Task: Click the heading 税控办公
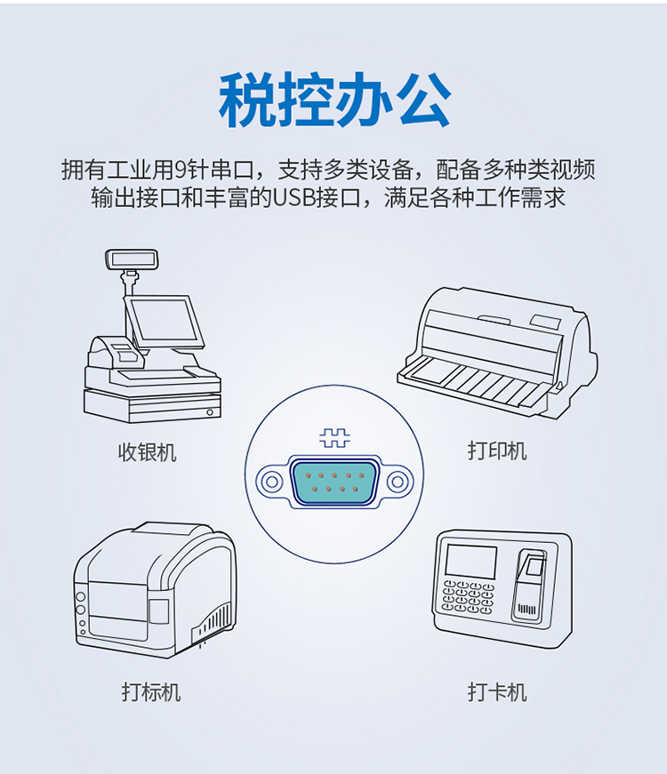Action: point(334,100)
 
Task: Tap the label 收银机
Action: point(148,452)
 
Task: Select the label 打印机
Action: point(497,451)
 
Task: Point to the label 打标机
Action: point(151,691)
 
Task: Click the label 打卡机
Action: point(497,691)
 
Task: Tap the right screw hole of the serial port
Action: point(398,481)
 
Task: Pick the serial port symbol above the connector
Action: point(334,437)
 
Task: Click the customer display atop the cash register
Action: point(132,259)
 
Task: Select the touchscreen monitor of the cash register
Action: point(165,323)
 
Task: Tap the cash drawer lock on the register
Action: point(210,412)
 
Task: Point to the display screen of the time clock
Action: point(470,562)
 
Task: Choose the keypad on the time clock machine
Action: point(468,597)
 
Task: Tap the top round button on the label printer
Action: point(81,597)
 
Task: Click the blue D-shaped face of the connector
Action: point(334,482)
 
